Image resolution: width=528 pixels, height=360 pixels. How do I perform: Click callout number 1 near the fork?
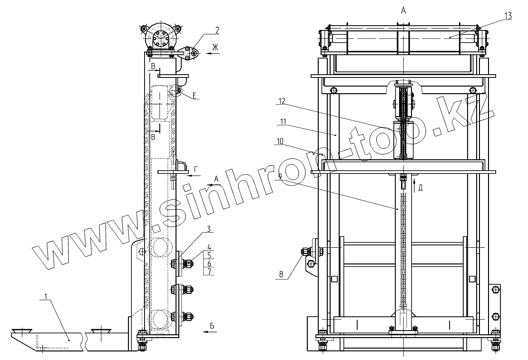[46, 296]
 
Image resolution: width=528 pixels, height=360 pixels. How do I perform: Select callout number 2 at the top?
[217, 30]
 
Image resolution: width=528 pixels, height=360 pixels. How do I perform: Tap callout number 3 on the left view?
[209, 229]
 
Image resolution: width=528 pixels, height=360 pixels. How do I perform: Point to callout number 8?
[281, 274]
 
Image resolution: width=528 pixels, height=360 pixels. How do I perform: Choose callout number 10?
[281, 142]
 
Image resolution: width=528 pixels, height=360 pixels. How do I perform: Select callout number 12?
[282, 100]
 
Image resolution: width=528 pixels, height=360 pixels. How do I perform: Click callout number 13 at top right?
[508, 16]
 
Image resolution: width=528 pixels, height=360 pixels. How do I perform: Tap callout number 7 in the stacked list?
[209, 272]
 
